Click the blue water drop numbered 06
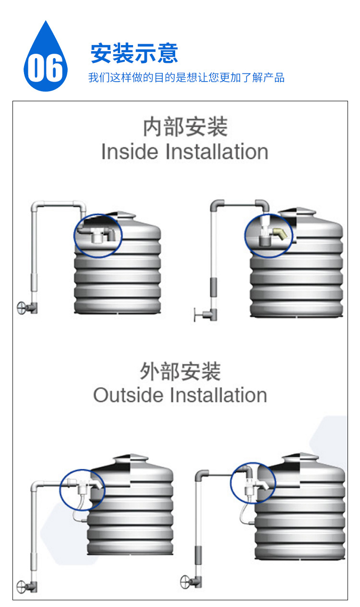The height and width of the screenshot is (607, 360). pos(45,60)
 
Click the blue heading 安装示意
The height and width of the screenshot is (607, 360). pos(134,53)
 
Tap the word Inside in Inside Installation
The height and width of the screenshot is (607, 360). pos(129,152)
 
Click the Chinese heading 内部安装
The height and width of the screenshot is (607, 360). pos(185,127)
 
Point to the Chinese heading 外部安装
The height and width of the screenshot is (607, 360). pos(180,371)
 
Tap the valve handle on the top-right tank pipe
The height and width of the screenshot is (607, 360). pos(197,315)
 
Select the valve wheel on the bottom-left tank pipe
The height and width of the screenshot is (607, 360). pos(22,586)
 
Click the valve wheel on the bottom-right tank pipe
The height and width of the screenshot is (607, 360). pos(186,582)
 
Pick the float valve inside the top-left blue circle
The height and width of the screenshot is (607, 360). pos(99,236)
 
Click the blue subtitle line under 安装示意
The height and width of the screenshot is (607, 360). pos(186,77)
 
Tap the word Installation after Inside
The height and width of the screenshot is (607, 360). pos(216,152)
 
